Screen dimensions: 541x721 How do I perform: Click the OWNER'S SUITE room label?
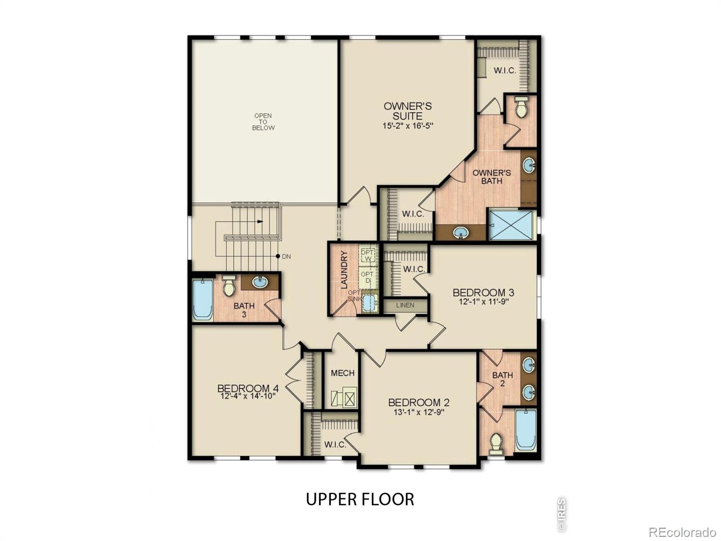pyautogui.click(x=407, y=111)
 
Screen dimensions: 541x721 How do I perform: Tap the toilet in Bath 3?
pyautogui.click(x=229, y=286)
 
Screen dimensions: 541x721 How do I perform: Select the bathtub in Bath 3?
pyautogui.click(x=202, y=300)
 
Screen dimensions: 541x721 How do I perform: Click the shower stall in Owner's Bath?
pyautogui.click(x=511, y=225)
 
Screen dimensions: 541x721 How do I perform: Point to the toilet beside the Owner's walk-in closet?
pyautogui.click(x=521, y=107)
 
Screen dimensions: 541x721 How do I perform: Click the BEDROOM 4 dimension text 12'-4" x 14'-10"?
pyautogui.click(x=248, y=396)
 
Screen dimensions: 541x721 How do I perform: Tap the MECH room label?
pyautogui.click(x=342, y=373)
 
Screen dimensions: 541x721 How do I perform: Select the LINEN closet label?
pyautogui.click(x=405, y=305)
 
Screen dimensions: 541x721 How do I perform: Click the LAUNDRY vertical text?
pyautogui.click(x=344, y=270)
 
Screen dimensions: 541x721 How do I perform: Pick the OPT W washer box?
pyautogui.click(x=367, y=256)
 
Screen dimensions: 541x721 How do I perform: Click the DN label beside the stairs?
pyautogui.click(x=286, y=257)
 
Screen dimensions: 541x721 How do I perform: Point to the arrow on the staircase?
pyautogui.click(x=260, y=221)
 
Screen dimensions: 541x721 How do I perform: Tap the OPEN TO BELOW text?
pyautogui.click(x=263, y=122)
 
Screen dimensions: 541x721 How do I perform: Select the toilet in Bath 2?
pyautogui.click(x=496, y=444)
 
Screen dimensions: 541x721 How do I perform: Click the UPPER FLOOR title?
pyautogui.click(x=360, y=500)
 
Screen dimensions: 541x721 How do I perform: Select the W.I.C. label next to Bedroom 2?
pyautogui.click(x=335, y=445)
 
